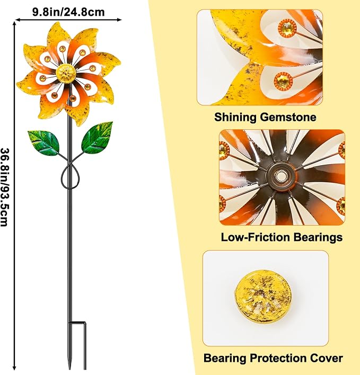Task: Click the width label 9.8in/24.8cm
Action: tap(68, 12)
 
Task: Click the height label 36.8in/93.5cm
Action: tap(5, 187)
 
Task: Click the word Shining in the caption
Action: tap(235, 118)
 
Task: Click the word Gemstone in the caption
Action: tap(288, 118)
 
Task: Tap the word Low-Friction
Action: tap(256, 237)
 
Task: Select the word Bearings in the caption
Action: tap(318, 237)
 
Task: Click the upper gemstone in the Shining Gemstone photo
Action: tap(287, 28)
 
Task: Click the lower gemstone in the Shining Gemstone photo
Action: tap(283, 81)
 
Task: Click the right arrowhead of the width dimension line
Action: tap(120, 20)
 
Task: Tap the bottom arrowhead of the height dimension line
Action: tap(15, 368)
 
